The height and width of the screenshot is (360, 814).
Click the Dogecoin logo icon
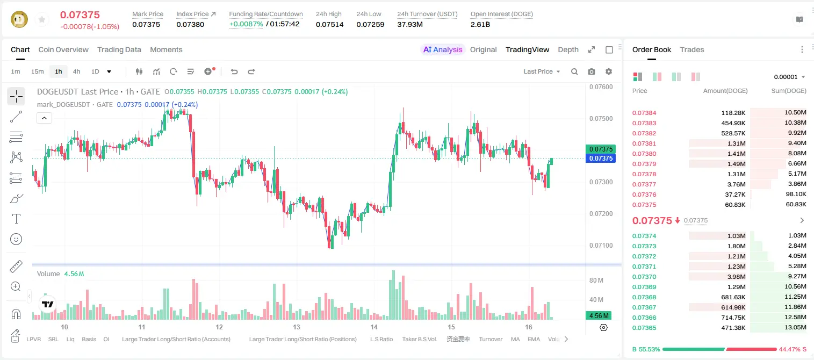point(19,19)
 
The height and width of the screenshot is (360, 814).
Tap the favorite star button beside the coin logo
point(42,19)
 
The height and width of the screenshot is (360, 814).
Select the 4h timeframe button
point(76,71)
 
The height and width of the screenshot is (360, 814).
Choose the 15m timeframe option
point(38,71)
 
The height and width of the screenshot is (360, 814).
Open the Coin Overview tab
point(63,49)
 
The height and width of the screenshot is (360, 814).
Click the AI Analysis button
point(443,49)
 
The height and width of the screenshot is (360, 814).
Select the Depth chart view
point(568,49)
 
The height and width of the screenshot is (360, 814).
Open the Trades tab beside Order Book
point(692,49)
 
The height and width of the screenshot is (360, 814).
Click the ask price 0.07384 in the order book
point(644,113)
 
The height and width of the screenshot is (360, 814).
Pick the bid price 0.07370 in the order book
point(644,277)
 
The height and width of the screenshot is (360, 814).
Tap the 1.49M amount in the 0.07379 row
point(736,164)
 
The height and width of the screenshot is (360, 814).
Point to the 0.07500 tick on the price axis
point(601,119)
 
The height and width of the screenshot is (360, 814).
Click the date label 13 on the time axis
point(297,327)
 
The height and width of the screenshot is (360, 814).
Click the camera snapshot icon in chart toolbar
point(592,71)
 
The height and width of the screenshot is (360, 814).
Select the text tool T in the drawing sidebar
point(16,219)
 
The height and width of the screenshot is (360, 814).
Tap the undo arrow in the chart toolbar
point(234,71)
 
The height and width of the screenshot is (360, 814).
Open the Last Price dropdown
point(542,71)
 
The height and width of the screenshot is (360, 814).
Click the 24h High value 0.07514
point(329,24)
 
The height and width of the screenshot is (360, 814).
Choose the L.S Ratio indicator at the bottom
point(381,339)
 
